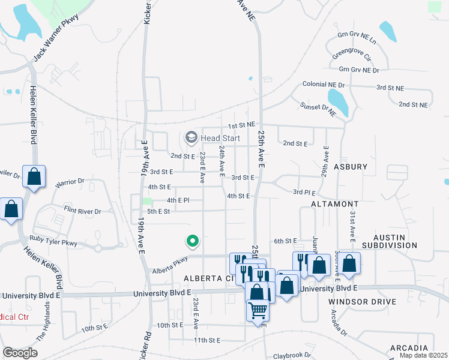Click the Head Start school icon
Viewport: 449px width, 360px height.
pyautogui.click(x=191, y=138)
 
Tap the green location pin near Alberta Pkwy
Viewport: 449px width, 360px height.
pyautogui.click(x=192, y=241)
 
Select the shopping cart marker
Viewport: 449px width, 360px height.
pyautogui.click(x=258, y=311)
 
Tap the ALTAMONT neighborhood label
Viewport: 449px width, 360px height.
pyautogui.click(x=335, y=205)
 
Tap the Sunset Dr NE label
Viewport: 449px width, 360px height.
pyautogui.click(x=318, y=109)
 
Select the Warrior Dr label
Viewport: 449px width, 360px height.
pyautogui.click(x=70, y=181)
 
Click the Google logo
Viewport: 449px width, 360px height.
pyautogui.click(x=20, y=353)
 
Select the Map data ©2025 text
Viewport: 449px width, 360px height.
pyautogui.click(x=423, y=355)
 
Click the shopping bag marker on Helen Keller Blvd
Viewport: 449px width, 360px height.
pyautogui.click(x=34, y=178)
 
